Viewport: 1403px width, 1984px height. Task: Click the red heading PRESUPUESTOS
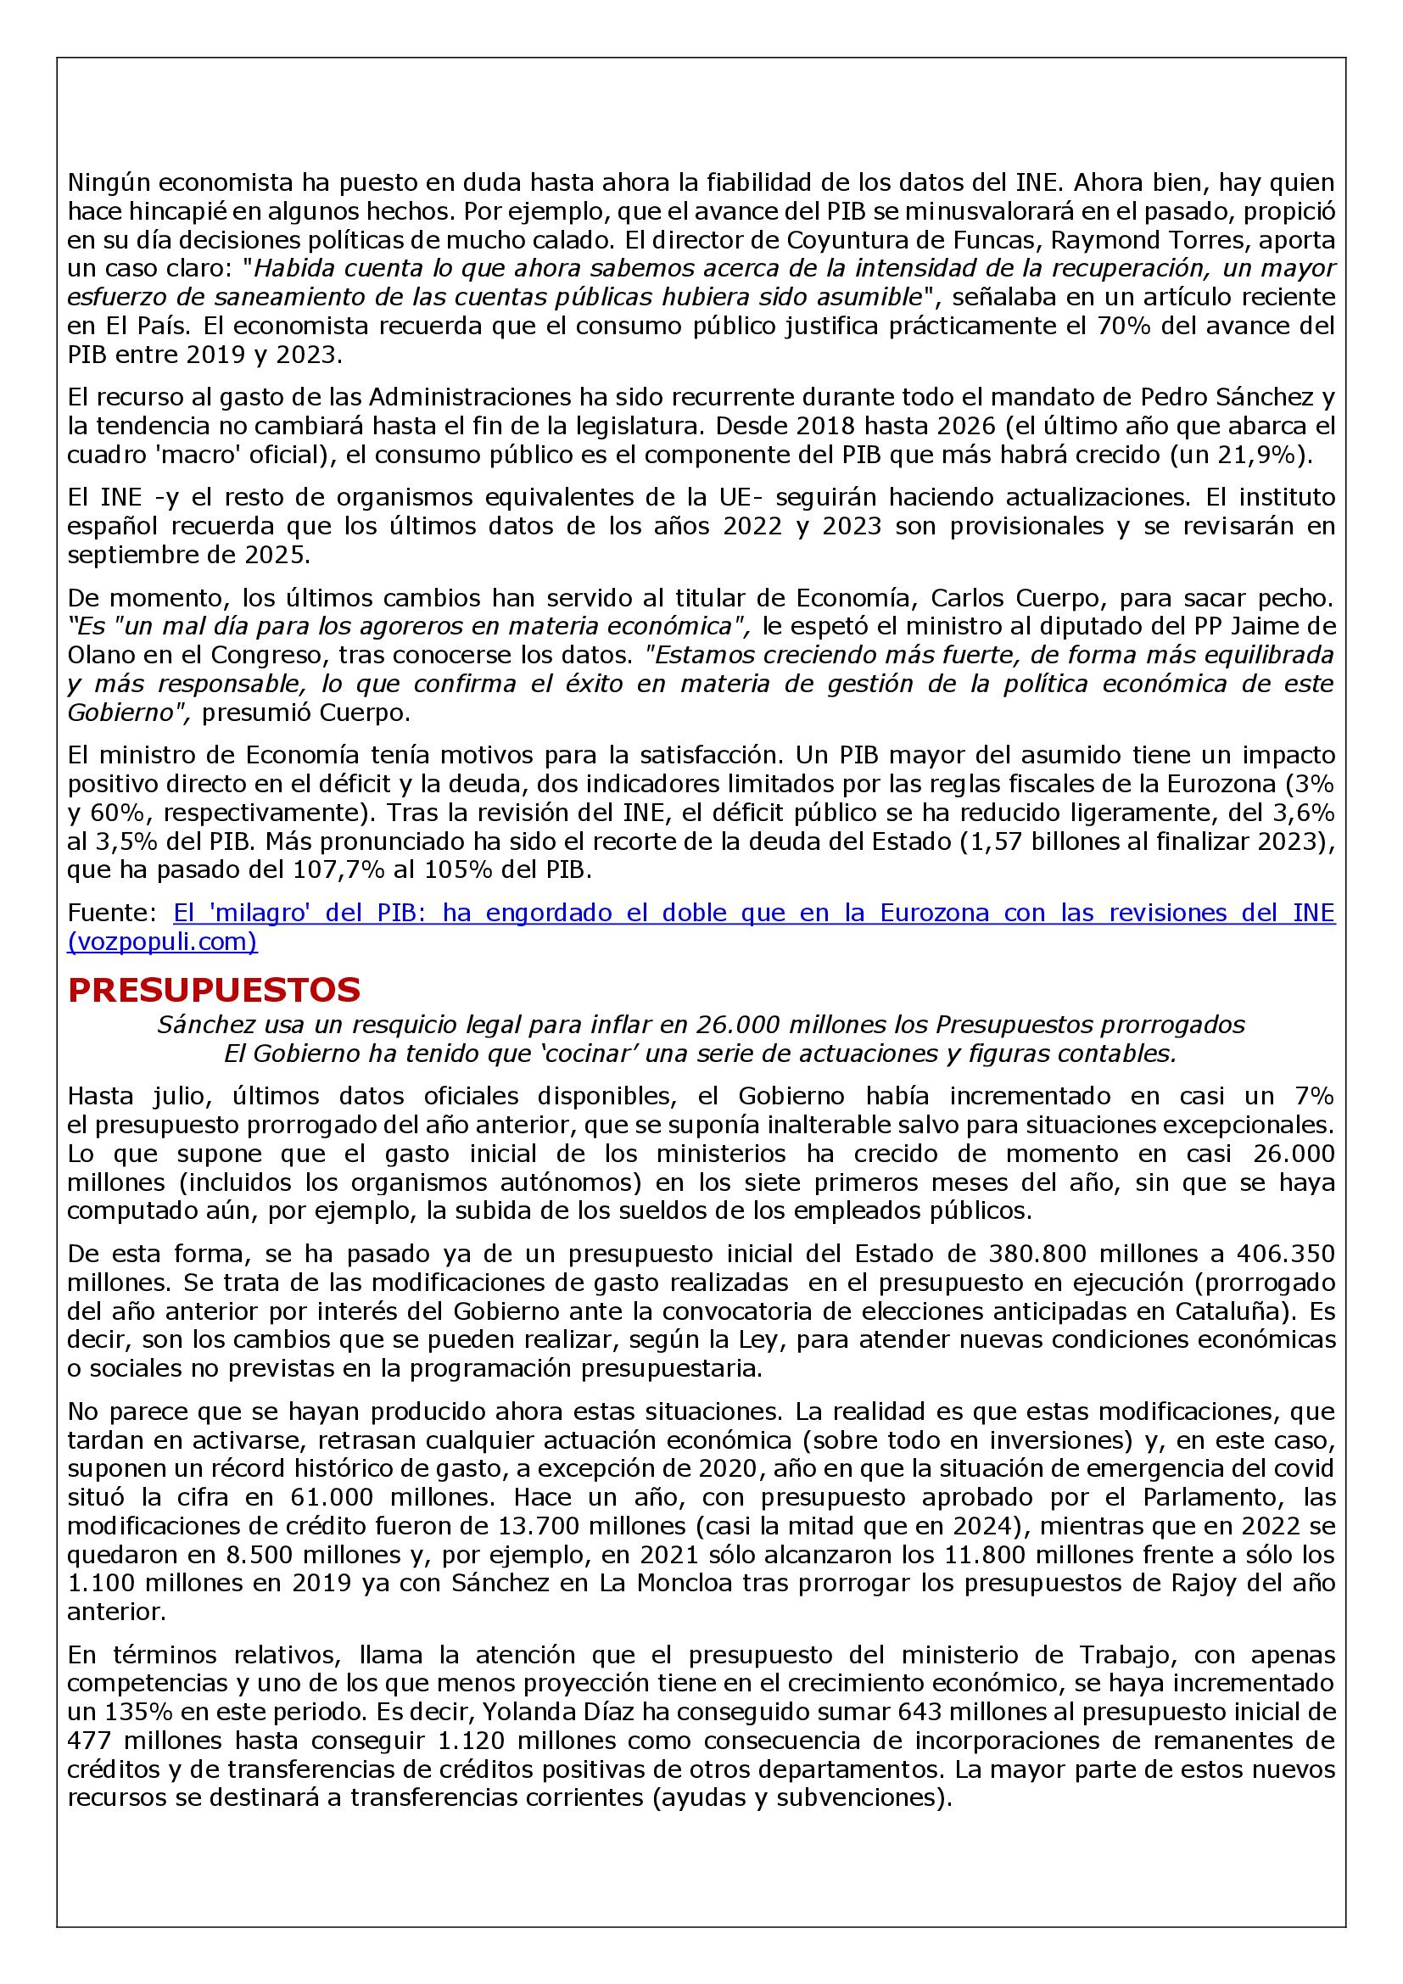[214, 990]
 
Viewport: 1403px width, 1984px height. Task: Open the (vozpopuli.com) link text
[162, 942]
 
